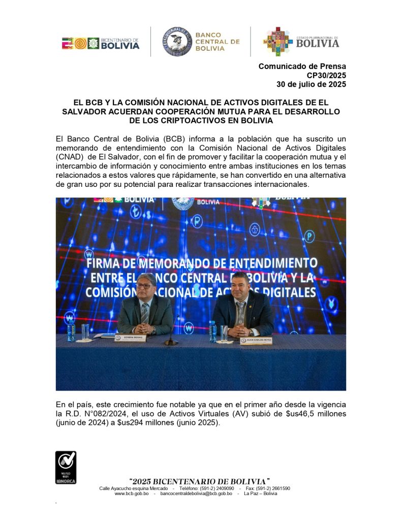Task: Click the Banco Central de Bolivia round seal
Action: pos(177,42)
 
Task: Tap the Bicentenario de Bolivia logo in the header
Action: pos(101,43)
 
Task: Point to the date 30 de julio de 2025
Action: pos(311,84)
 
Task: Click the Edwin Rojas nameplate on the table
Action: pos(131,337)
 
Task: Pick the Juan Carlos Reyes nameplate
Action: pos(256,340)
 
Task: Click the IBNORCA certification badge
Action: pos(66,467)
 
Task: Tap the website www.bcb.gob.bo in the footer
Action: pos(132,493)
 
